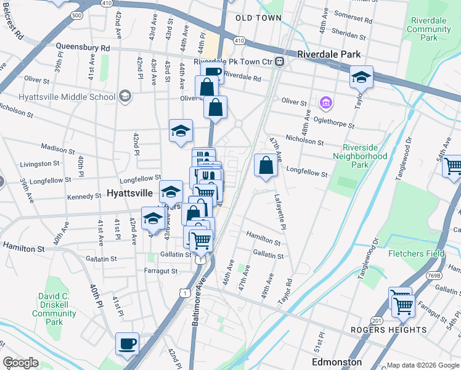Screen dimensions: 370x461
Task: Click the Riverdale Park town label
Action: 328,54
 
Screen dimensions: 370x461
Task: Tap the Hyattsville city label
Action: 129,193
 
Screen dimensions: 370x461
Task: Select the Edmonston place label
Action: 337,362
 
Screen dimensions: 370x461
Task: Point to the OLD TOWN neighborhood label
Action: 258,18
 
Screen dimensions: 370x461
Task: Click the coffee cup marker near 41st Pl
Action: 127,343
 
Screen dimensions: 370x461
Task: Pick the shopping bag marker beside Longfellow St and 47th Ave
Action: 266,165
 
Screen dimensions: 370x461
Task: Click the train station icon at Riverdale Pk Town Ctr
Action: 279,61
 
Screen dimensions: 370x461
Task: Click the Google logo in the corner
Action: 21,363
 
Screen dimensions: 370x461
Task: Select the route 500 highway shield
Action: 76,14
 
